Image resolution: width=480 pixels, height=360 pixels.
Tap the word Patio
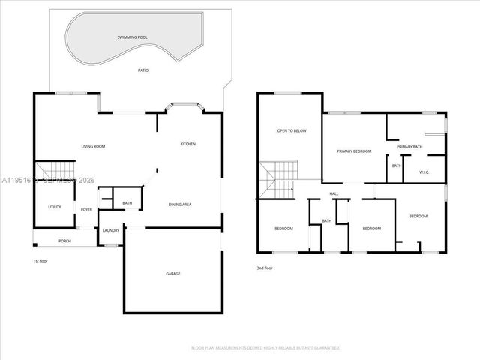click(x=142, y=70)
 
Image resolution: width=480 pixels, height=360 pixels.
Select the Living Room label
click(x=92, y=146)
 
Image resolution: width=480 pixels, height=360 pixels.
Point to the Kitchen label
click(x=187, y=144)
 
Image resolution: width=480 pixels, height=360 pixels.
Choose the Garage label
click(x=172, y=274)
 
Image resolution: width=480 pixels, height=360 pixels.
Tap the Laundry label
click(x=110, y=230)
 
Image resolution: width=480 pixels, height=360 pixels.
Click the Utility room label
click(x=55, y=207)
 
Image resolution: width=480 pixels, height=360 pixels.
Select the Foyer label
click(x=87, y=209)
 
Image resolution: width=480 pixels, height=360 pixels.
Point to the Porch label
click(x=64, y=241)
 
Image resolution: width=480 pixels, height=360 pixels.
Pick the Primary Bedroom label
click(x=354, y=151)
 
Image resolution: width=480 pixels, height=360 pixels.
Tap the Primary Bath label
click(x=410, y=147)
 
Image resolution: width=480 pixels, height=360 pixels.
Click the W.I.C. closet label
click(x=424, y=173)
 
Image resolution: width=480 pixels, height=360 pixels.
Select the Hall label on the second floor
click(x=334, y=194)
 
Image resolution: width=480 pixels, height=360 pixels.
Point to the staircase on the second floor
click(x=278, y=178)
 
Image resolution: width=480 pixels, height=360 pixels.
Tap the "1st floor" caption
click(x=40, y=261)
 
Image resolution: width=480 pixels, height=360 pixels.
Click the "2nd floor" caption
click(x=264, y=268)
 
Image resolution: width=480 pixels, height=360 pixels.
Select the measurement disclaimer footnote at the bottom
click(x=265, y=348)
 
